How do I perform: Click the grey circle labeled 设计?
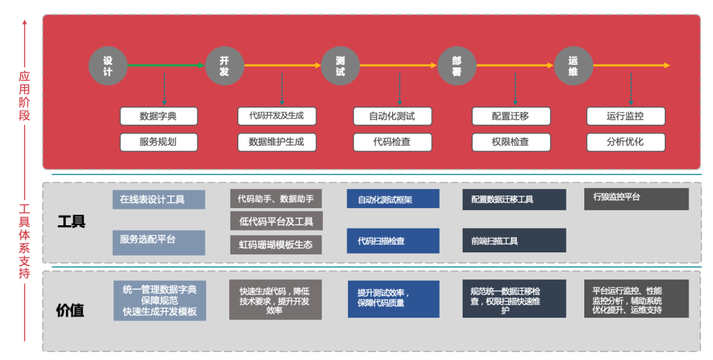[x=108, y=66]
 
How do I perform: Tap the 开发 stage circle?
[x=224, y=66]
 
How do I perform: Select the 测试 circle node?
[x=341, y=66]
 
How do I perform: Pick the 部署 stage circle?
[x=457, y=66]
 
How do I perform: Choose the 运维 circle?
[x=573, y=66]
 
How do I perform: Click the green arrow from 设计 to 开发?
[x=166, y=65]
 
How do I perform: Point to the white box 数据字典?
[x=158, y=116]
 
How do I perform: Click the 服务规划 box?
[x=158, y=141]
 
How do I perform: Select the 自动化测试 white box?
[x=392, y=116]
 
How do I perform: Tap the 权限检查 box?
[x=510, y=141]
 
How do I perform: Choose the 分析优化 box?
[x=625, y=141]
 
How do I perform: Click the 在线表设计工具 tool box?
[x=158, y=199]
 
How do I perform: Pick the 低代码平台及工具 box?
[x=276, y=221]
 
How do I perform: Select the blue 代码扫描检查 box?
[x=393, y=241]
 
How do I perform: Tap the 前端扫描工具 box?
[x=514, y=241]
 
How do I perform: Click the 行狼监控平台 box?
[x=636, y=199]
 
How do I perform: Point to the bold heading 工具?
[x=71, y=221]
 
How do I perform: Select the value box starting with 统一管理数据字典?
[x=159, y=301]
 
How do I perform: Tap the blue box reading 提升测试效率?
[x=393, y=299]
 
